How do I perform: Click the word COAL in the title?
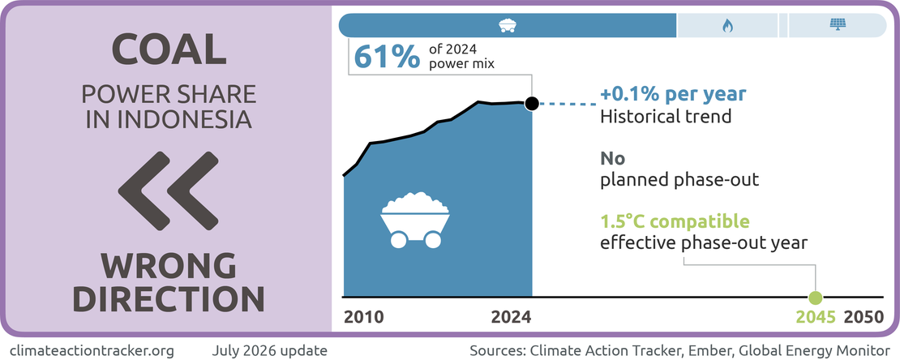(169, 49)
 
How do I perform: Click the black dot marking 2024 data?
(532, 103)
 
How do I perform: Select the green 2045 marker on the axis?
(815, 298)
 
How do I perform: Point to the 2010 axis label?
(362, 318)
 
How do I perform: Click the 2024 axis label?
(512, 318)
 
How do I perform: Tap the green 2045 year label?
(816, 318)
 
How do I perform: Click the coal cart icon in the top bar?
(507, 25)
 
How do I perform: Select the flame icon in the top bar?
(727, 25)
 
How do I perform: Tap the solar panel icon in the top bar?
(838, 24)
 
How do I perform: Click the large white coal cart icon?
(415, 220)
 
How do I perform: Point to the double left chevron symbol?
(168, 190)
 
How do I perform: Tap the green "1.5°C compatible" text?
(675, 221)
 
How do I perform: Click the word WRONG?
(169, 268)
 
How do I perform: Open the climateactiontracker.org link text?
(92, 349)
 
